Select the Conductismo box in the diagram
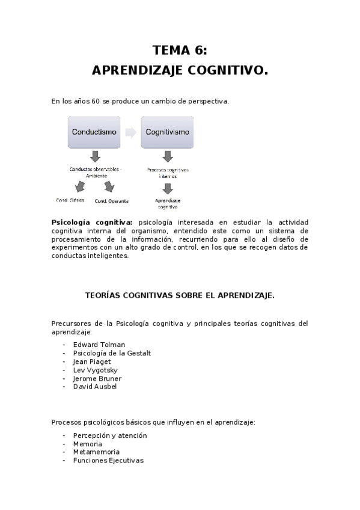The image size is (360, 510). point(94,132)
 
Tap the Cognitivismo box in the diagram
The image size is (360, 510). point(168,132)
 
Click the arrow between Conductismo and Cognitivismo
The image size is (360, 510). point(130,132)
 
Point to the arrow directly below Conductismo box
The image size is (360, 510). point(95,157)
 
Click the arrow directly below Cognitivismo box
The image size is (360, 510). point(168,157)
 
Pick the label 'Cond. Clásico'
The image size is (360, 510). point(70,200)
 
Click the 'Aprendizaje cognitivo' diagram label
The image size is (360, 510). point(168,203)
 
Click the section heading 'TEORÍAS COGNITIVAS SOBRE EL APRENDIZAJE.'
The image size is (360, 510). point(180,295)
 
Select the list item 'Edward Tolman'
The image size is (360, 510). point(99,345)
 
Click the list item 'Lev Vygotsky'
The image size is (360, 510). point(96,370)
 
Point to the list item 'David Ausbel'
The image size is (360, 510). point(95,387)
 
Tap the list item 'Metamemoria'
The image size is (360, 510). point(96,452)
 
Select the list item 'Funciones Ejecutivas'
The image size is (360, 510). point(108,460)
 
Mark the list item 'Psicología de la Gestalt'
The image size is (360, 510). point(112,353)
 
